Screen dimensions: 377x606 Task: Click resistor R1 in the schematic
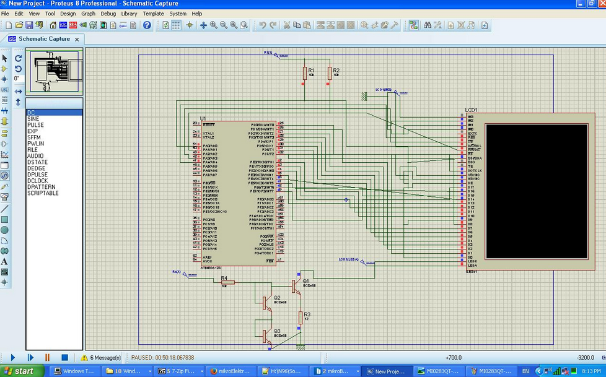304,74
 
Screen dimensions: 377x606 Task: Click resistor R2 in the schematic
329,74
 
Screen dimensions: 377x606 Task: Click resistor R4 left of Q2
227,282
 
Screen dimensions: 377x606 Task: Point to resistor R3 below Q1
300,318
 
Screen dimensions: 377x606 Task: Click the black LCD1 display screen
536,191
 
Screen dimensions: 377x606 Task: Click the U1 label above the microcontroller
203,118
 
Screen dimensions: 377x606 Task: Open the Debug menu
108,13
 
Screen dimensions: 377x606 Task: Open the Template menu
153,13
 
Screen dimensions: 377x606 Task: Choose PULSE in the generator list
35,125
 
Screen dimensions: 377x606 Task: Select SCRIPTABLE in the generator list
43,193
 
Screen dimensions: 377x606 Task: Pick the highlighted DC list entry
31,113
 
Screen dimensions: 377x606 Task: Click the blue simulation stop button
64,357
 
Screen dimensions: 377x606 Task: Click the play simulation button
12,357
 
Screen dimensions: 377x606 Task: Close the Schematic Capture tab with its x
77,39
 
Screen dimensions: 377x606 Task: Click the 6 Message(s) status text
105,357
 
